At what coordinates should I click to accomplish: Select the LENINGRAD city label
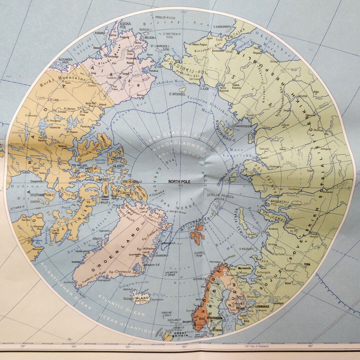click(265, 307)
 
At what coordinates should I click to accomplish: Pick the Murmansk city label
click(247, 267)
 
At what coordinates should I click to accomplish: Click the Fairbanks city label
click(111, 78)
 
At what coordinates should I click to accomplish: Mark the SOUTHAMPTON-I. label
click(44, 195)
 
